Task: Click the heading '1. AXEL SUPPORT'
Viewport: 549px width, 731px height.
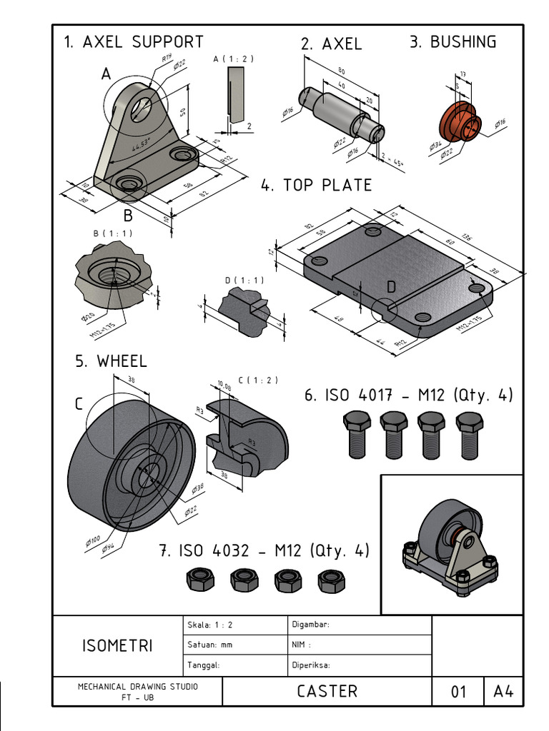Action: coord(134,42)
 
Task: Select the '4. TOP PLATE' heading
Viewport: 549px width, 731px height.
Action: coord(316,186)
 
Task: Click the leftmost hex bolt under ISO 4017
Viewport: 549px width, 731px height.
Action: coord(357,433)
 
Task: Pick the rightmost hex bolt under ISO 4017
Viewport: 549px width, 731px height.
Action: coord(469,433)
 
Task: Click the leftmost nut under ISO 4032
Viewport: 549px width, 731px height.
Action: coord(199,579)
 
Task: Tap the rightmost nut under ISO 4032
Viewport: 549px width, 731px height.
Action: coord(331,580)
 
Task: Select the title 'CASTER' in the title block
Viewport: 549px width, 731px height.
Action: coord(327,691)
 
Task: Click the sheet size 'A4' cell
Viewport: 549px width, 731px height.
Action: coord(504,692)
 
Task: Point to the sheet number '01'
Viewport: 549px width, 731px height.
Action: coord(458,692)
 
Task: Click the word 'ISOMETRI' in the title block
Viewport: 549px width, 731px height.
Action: coord(117,646)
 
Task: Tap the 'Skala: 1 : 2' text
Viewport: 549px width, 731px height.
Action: coord(209,625)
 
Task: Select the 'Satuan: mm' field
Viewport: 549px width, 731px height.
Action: coord(209,645)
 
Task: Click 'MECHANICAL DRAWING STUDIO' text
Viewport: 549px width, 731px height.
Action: coord(138,687)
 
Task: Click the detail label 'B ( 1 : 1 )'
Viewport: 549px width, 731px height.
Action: coord(112,233)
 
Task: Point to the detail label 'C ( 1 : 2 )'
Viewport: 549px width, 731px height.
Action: coord(258,380)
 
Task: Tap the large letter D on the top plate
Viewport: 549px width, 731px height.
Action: coord(391,287)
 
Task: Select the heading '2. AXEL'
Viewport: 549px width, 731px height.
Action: coord(331,44)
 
